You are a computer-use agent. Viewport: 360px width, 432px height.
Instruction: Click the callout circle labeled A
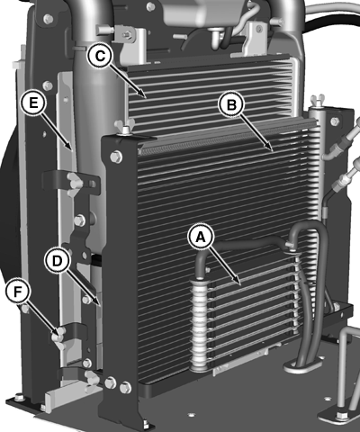tap(201, 237)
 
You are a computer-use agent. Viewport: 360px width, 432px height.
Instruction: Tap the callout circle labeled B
tap(231, 104)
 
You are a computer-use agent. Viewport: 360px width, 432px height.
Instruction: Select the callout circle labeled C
tap(100, 56)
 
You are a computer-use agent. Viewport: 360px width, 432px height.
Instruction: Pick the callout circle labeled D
tap(58, 262)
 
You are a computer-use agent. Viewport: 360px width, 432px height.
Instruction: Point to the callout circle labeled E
tap(33, 103)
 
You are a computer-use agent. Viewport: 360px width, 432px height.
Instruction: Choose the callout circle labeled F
tap(18, 292)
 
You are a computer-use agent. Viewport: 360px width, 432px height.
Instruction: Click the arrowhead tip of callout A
tap(240, 283)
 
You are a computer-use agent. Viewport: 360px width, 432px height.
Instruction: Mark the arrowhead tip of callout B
tap(273, 151)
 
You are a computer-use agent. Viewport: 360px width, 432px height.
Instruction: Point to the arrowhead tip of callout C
tap(146, 98)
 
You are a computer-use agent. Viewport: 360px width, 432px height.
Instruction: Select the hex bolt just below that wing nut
tap(116, 157)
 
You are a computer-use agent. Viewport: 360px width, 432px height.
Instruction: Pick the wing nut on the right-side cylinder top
tap(318, 101)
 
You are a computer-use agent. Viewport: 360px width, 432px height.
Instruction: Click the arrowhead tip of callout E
tap(71, 149)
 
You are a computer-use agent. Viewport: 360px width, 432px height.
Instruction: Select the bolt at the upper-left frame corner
tap(48, 19)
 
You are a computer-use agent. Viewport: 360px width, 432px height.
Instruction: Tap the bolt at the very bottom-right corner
tap(340, 416)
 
